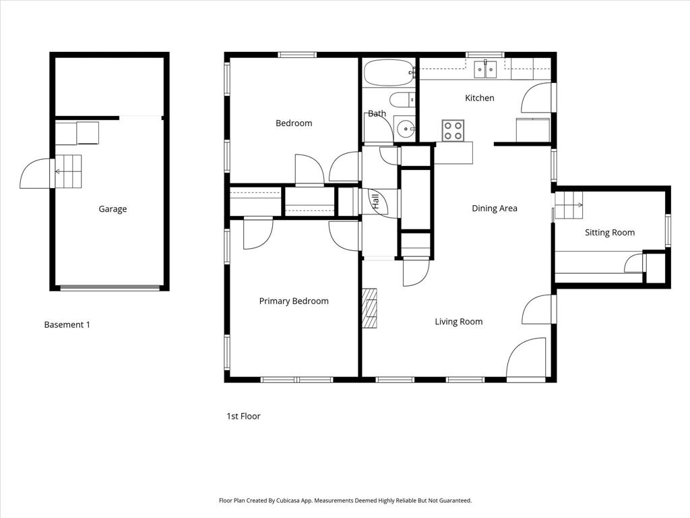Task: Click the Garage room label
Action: (x=113, y=209)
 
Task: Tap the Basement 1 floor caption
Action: (x=67, y=324)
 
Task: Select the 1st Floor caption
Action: (x=243, y=416)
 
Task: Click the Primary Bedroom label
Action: (x=294, y=301)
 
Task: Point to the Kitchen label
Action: (x=479, y=98)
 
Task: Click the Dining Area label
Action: (x=494, y=208)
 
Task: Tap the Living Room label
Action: (x=458, y=322)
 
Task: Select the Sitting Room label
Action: (x=609, y=233)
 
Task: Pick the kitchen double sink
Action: (x=485, y=68)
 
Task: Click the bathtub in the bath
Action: (x=388, y=72)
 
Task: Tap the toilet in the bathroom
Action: (x=403, y=100)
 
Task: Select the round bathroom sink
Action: (x=405, y=127)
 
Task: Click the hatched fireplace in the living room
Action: (x=369, y=308)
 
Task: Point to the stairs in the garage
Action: (x=67, y=171)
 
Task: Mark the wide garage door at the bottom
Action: (x=110, y=288)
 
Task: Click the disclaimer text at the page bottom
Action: (x=345, y=500)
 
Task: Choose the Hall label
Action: (x=375, y=202)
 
